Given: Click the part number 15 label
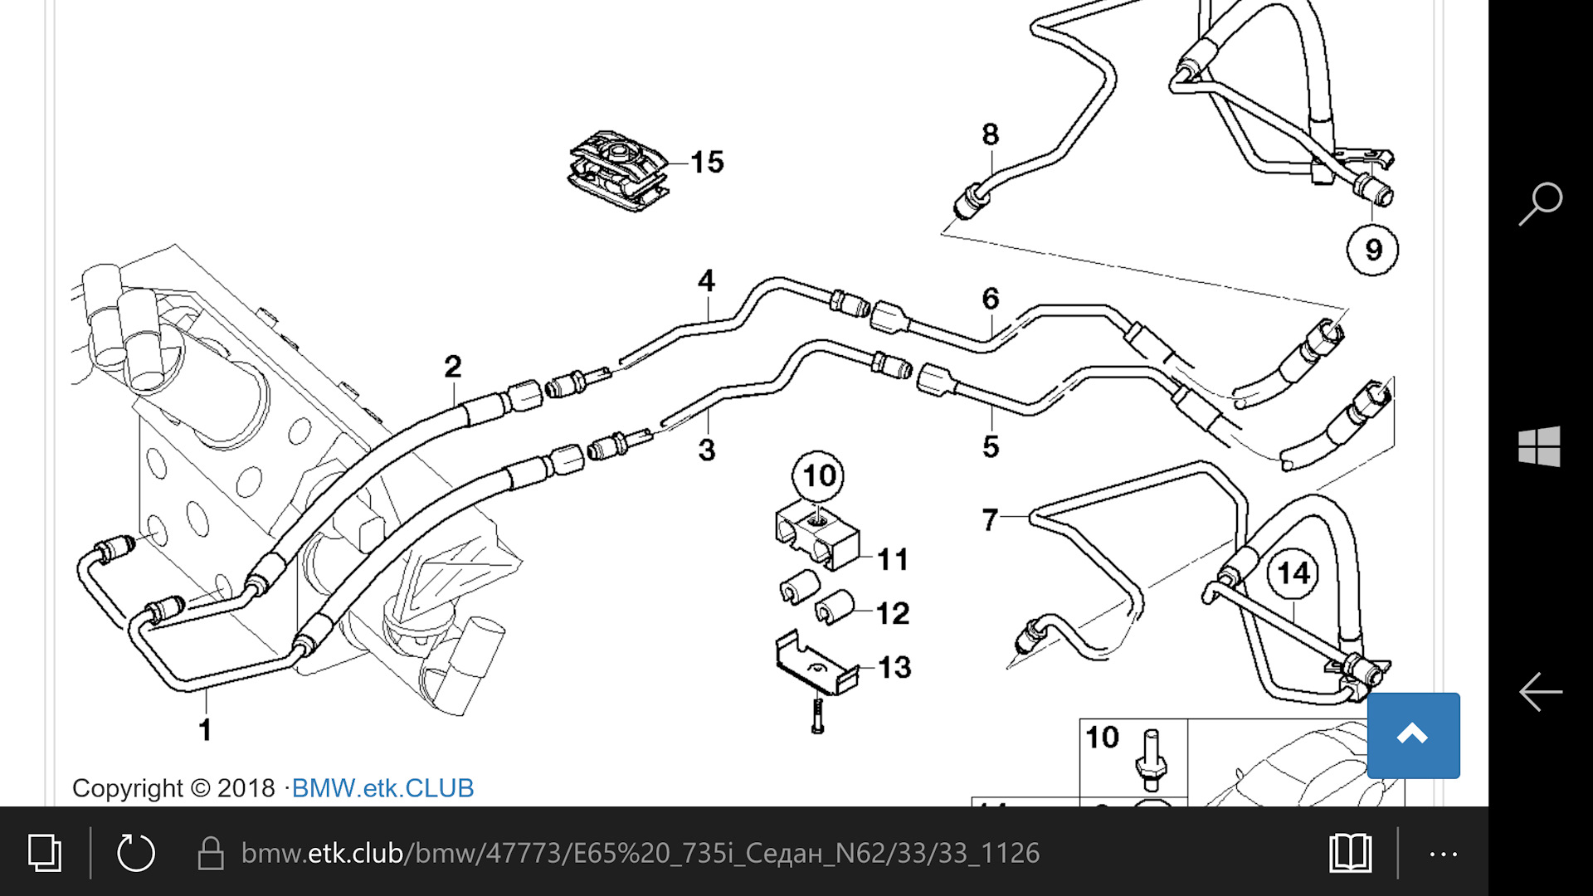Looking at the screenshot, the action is [707, 162].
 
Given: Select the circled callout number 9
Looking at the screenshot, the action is [1372, 249].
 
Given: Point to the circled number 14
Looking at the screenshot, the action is [1293, 573].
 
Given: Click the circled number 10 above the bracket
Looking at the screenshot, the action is [819, 475].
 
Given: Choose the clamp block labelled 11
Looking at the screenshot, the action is [817, 538].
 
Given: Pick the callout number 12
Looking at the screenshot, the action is [893, 613].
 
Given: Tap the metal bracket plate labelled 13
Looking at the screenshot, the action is [816, 662].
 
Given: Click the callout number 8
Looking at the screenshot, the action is [990, 134].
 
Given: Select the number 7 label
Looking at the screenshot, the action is [989, 520].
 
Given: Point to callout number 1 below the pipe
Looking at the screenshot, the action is [205, 730].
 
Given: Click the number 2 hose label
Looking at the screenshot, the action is [452, 366].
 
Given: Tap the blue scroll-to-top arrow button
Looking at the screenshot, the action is [1413, 735].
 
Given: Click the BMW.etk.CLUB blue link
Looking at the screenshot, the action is [382, 787].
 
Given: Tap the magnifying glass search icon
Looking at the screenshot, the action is [1541, 204].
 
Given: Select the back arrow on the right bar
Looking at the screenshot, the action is [1541, 691].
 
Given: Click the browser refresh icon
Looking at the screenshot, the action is [136, 853].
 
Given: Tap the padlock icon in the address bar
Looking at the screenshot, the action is [211, 853].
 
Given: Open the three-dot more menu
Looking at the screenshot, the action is [1444, 854].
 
